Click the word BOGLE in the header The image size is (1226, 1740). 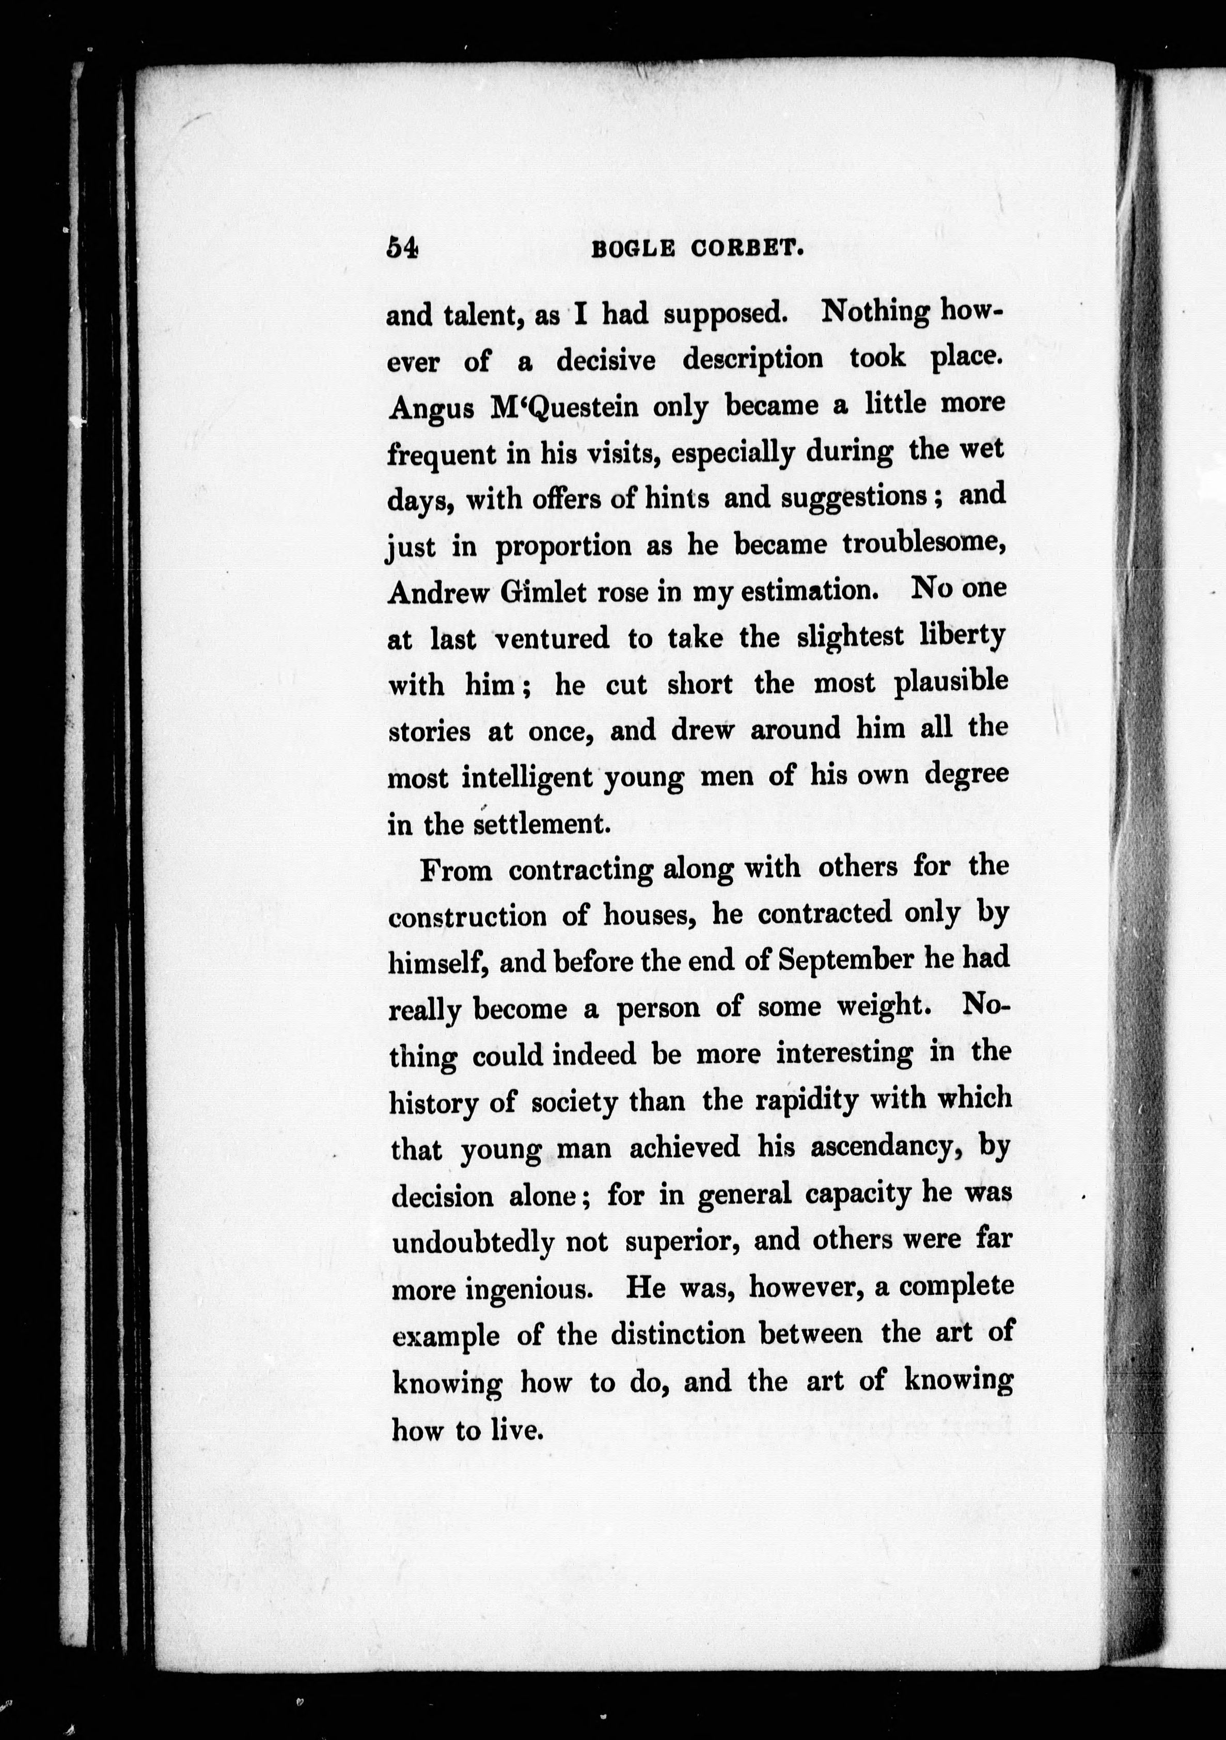pos(632,250)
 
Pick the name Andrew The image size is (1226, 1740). pos(438,594)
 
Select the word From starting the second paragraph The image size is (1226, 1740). pos(455,871)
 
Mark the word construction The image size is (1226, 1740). pos(467,917)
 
